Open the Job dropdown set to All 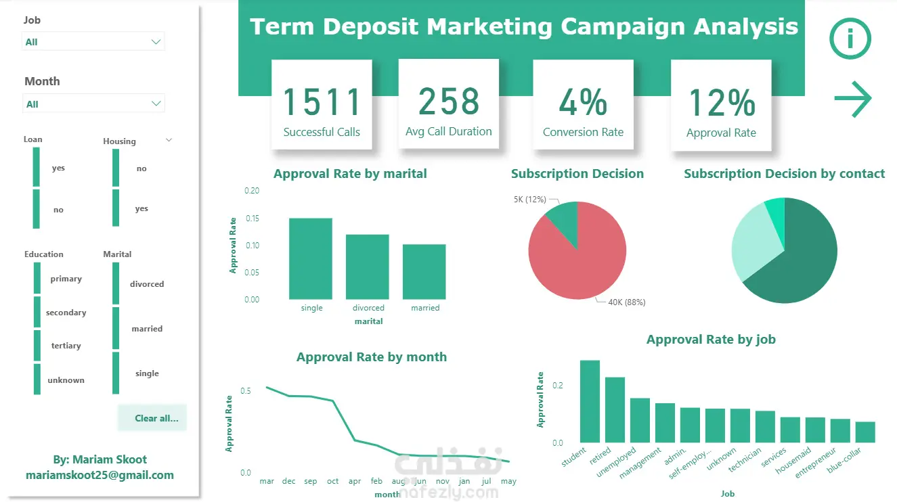point(93,42)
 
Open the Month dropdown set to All point(93,104)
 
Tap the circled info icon point(850,39)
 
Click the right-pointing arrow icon point(853,99)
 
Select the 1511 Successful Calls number point(322,101)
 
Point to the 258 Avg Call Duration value point(448,101)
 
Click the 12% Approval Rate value point(721,103)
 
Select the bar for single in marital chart point(311,258)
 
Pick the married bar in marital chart point(424,272)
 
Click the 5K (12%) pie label point(530,200)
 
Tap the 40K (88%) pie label point(627,302)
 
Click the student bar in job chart point(590,401)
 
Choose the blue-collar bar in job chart point(865,432)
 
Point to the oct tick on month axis point(333,481)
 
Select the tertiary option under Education point(66,346)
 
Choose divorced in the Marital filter point(147,284)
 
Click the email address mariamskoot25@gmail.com point(100,475)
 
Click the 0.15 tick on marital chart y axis point(253,218)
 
